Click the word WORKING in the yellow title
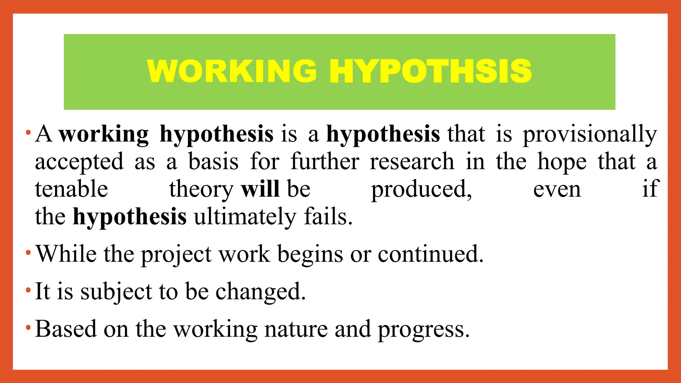[x=232, y=71]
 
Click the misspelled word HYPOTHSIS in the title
[x=431, y=71]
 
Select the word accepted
[x=79, y=162]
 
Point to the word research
[x=412, y=162]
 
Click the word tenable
[x=71, y=189]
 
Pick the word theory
[x=201, y=190]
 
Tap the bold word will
[x=260, y=189]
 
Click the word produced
[x=421, y=190]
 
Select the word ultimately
[x=245, y=217]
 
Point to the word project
[x=176, y=255]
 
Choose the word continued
[x=430, y=254]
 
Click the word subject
[x=116, y=292]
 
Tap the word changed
[x=260, y=292]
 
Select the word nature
[x=296, y=329]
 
